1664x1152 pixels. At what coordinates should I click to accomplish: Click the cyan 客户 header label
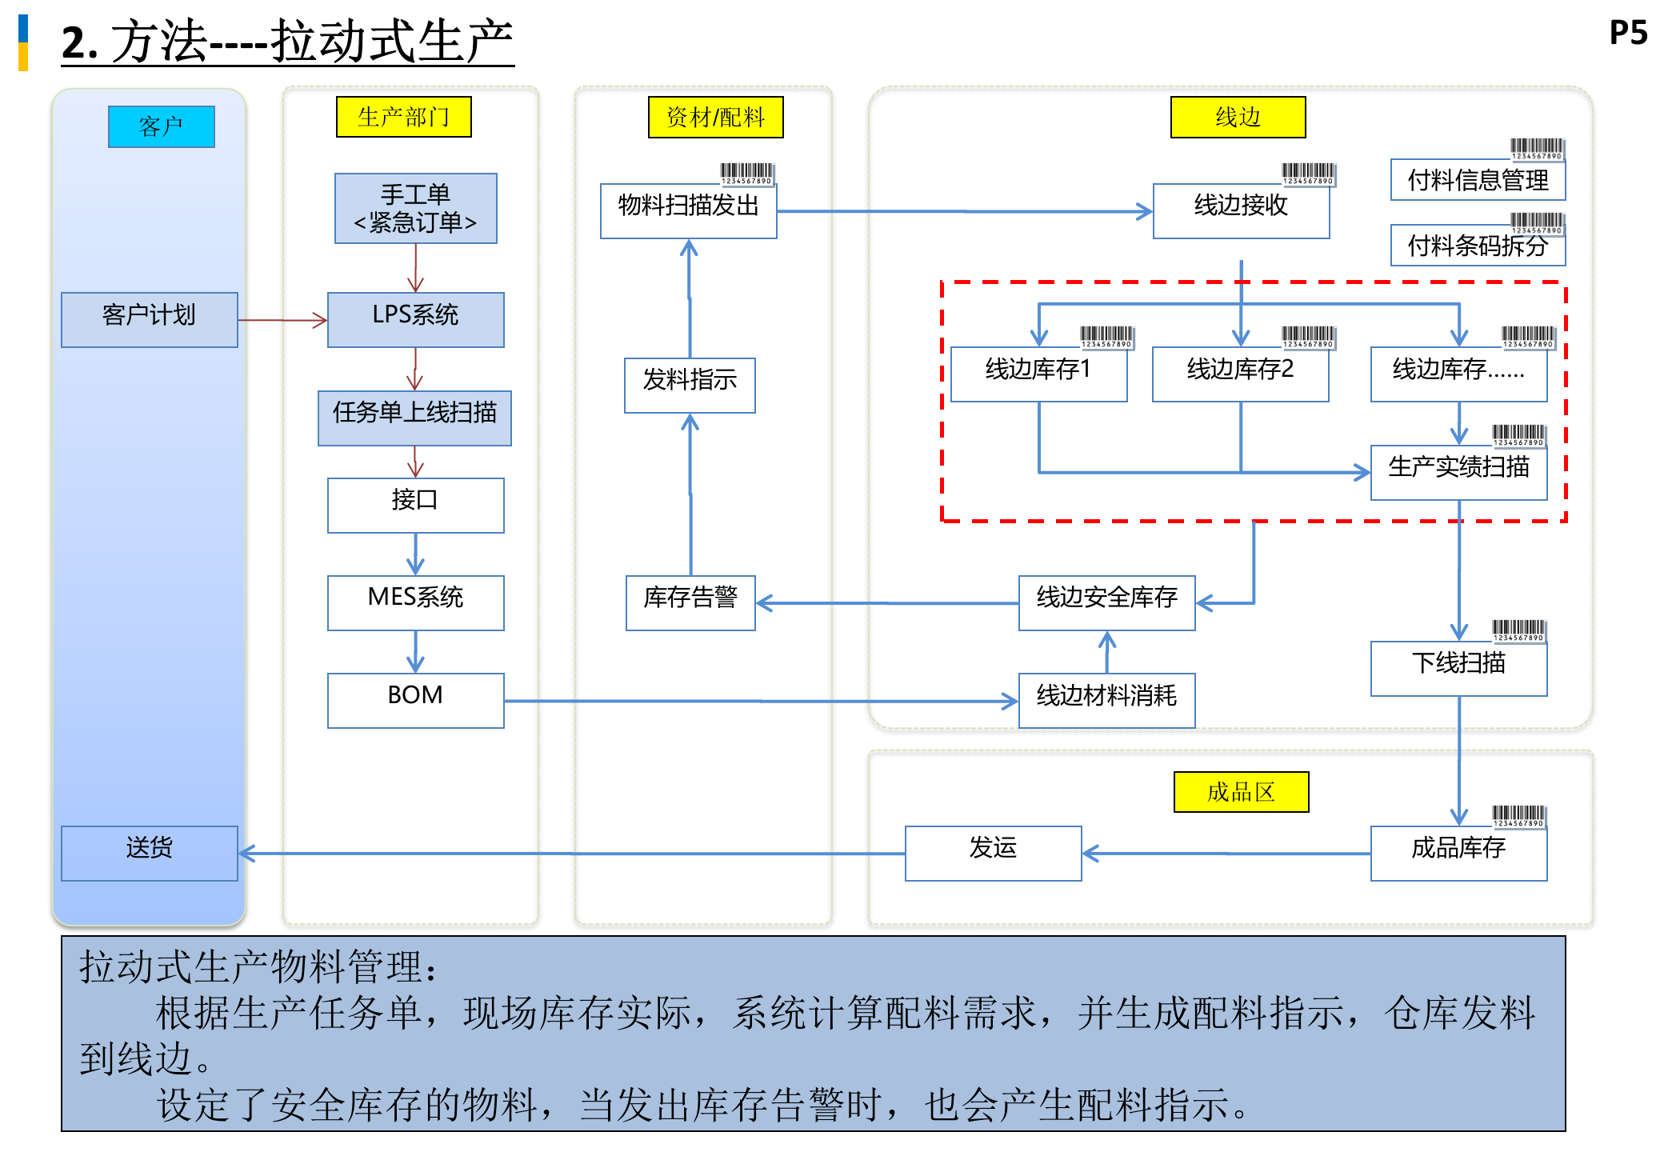coord(161,126)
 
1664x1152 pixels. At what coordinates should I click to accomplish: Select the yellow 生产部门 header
coord(403,117)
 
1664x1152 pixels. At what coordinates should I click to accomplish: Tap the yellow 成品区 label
coord(1240,792)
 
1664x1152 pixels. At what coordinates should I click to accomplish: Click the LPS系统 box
coord(415,319)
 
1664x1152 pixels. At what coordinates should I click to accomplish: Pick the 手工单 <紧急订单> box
coord(415,208)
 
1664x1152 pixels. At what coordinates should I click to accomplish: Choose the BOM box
coord(415,700)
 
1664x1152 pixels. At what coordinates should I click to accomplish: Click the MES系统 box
coord(415,602)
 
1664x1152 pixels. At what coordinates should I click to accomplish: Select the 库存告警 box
coord(690,602)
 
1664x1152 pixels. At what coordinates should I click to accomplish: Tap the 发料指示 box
coord(690,385)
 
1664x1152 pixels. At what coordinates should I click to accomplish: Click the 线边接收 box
coord(1240,210)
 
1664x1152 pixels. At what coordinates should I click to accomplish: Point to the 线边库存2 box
coord(1240,374)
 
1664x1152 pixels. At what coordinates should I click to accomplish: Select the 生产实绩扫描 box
coord(1458,472)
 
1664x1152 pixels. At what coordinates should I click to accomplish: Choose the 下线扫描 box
coord(1458,668)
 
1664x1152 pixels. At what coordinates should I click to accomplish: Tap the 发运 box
coord(992,853)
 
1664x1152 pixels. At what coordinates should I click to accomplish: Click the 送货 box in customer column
coord(149,853)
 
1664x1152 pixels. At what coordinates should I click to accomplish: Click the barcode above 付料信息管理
coord(1536,148)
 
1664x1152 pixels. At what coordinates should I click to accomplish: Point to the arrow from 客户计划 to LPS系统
coord(282,320)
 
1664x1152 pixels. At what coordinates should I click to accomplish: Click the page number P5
coord(1627,33)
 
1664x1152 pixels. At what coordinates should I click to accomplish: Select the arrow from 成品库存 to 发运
coord(1224,854)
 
